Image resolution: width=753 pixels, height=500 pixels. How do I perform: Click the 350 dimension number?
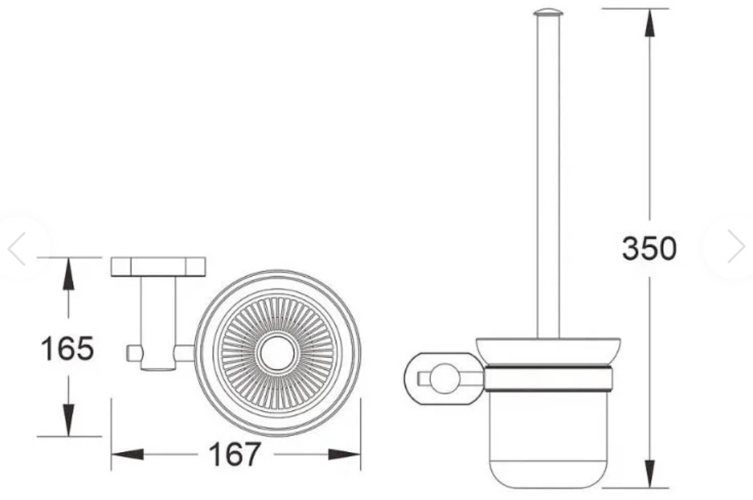coord(649,249)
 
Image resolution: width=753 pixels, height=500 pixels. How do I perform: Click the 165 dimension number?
coord(67,348)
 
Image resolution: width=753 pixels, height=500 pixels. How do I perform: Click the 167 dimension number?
coord(234,454)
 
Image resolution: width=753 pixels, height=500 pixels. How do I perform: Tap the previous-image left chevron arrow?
coord(16,248)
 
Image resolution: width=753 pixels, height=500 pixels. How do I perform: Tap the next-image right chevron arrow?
coord(736,247)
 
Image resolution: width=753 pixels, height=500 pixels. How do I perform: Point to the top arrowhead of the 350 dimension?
coord(650,22)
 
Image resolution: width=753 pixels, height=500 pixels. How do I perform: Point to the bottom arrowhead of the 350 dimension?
coord(650,474)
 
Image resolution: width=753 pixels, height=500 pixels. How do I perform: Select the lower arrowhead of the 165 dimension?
coord(69,420)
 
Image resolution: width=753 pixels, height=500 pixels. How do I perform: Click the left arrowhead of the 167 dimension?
coord(127,454)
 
